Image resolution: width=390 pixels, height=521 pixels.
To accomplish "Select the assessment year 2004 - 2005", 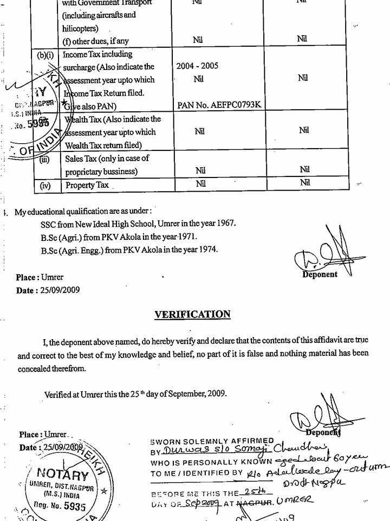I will tap(197, 66).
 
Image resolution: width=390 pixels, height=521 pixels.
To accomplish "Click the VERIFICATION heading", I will tap(192, 314).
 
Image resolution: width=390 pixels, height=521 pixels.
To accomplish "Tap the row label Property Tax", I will tap(87, 185).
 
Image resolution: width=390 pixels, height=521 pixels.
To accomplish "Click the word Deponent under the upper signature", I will tap(320, 275).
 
